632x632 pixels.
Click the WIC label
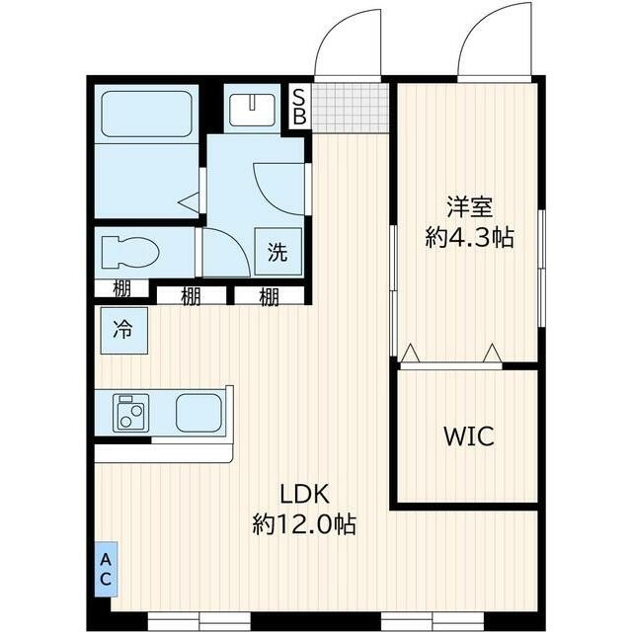coord(469,435)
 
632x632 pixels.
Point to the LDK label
coord(305,494)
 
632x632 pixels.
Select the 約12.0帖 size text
coord(304,524)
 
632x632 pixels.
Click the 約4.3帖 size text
coord(470,237)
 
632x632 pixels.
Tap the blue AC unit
coord(107,569)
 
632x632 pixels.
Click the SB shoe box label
coord(299,107)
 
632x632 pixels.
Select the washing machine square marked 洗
coord(278,252)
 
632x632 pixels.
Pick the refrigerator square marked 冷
coord(123,331)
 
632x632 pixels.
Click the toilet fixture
coord(130,252)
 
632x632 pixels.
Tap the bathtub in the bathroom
coord(146,115)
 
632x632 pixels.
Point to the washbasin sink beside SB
coord(253,110)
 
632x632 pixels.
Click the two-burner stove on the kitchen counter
coord(131,413)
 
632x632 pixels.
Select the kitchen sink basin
coord(198,413)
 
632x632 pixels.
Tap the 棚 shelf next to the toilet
coord(121,288)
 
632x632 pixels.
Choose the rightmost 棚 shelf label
coord(269,296)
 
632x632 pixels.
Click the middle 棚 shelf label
coord(191,296)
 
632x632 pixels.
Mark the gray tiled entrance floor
coord(351,108)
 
